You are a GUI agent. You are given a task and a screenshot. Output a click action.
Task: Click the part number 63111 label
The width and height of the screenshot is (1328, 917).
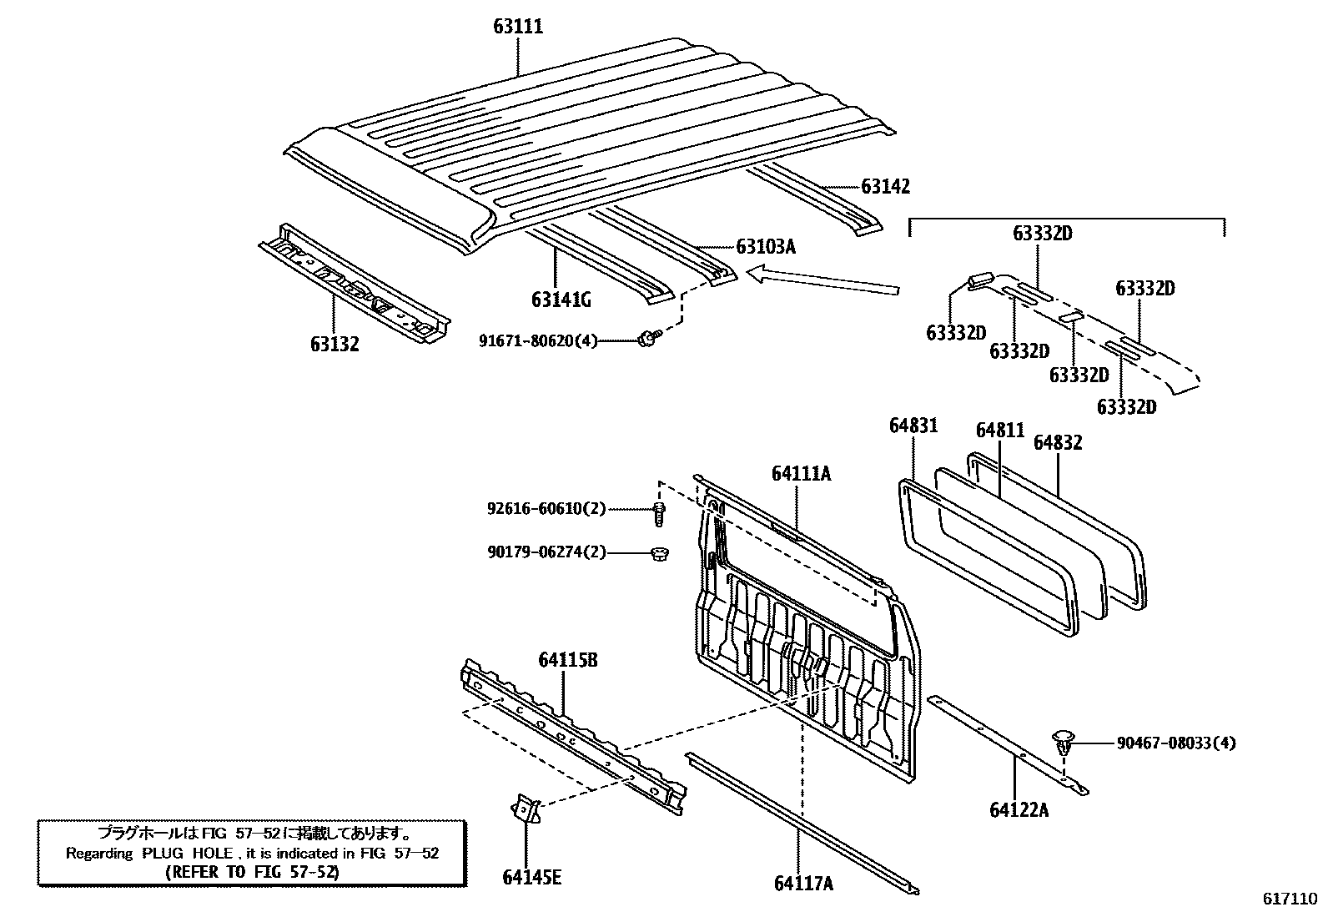pos(517,27)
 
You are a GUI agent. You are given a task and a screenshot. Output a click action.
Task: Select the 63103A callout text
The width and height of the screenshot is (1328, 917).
pos(766,247)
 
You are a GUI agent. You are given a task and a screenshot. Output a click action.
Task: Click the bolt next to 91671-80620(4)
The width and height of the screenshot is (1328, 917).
pos(648,338)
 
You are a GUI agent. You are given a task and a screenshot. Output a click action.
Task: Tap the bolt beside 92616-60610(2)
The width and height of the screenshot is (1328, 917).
pos(658,512)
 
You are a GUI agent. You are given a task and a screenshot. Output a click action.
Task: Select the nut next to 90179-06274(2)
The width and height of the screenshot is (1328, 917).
pos(658,552)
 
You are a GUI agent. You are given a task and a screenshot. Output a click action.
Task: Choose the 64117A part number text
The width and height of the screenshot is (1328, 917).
pos(803,883)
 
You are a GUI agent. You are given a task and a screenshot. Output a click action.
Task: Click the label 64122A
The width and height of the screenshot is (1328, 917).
pos(1019,809)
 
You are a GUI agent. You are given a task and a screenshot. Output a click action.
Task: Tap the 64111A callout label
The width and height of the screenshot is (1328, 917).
pos(801,474)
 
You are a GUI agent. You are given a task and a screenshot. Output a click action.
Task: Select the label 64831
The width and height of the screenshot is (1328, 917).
pos(913,426)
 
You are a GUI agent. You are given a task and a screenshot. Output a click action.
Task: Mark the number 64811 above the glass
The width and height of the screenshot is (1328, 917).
pos(1000,431)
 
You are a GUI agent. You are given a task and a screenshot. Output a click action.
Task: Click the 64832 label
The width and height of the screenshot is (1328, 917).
pos(1058,443)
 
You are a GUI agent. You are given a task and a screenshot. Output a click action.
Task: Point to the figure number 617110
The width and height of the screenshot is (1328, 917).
pos(1289,899)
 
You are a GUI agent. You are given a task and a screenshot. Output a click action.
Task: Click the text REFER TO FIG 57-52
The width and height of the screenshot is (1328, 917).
pos(253,872)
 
